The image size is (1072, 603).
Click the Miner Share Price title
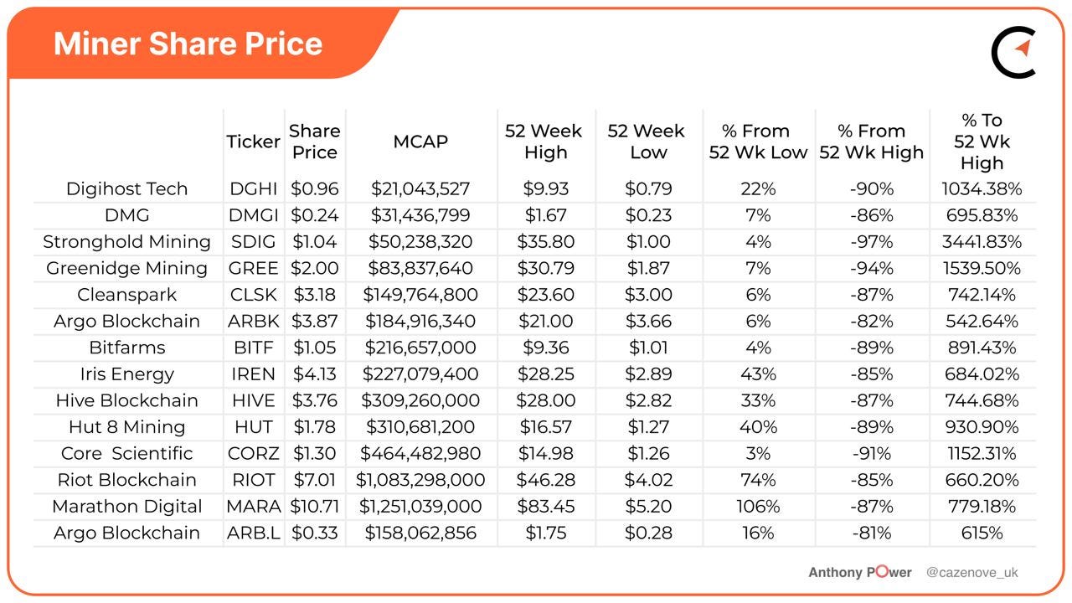[188, 44]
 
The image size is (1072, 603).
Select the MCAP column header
[420, 142]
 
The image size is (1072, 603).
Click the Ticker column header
[253, 142]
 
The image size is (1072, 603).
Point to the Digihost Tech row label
[126, 188]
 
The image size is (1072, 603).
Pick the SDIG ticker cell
[253, 242]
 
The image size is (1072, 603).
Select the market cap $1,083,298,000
[420, 480]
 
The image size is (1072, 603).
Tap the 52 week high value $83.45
[546, 507]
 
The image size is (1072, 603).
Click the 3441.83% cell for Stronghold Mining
[982, 242]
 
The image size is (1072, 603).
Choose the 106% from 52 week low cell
[757, 507]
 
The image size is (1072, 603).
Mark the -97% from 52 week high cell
[871, 242]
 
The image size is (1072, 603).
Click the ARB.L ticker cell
[253, 533]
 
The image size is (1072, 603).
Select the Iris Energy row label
[126, 374]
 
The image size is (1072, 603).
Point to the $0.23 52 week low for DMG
[647, 215]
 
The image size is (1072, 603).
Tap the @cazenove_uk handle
[971, 573]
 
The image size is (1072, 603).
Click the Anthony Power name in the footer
[859, 573]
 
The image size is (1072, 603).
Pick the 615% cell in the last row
[982, 533]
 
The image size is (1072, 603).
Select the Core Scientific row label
[126, 453]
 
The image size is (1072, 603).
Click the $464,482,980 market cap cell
[420, 453]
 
